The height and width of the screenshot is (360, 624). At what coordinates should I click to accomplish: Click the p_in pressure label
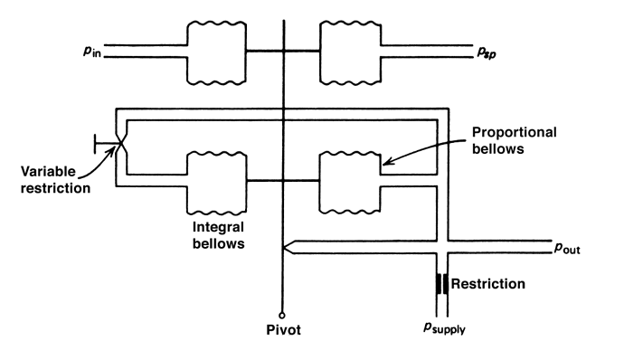point(92,52)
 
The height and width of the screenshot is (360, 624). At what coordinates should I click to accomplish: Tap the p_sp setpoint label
point(487,52)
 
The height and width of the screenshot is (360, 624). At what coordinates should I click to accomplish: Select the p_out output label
point(567,248)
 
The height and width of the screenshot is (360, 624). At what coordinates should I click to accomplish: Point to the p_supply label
point(444,327)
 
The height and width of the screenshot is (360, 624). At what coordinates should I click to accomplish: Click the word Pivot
point(283,330)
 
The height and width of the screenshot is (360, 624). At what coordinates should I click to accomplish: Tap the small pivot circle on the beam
point(282,316)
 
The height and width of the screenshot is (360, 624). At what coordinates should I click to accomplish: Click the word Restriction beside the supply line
point(488,283)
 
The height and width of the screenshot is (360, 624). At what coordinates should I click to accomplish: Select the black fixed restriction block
point(442,283)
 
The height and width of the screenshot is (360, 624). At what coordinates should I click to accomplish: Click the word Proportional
point(515,132)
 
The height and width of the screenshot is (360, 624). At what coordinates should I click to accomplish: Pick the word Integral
point(218,227)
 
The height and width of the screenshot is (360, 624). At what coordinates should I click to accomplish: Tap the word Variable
point(48,172)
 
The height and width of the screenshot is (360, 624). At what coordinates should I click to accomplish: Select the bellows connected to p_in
point(216,52)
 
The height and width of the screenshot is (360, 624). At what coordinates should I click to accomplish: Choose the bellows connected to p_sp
point(350,52)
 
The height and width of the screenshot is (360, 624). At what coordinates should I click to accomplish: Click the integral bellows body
point(216,182)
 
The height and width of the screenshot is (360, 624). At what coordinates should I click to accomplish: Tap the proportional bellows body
point(350,182)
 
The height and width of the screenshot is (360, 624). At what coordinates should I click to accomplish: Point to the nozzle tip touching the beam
point(283,247)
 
